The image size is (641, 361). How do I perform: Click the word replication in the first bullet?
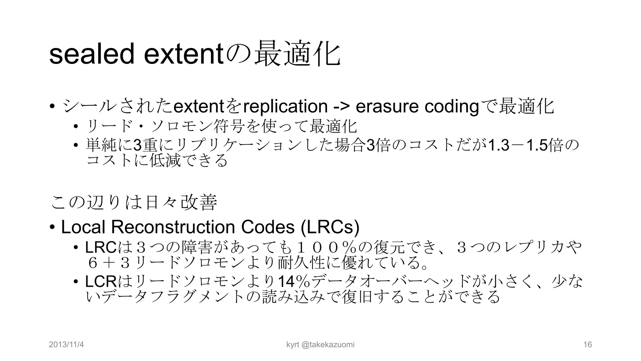tap(285, 106)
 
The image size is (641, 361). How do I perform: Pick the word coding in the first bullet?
tap(452, 106)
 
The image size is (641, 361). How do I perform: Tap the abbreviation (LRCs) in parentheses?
tap(330, 227)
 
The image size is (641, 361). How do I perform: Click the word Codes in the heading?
tap(268, 227)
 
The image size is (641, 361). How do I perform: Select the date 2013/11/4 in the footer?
tap(66, 345)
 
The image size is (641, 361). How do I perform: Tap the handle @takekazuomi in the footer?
tap(328, 345)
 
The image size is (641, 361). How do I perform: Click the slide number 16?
tap(588, 345)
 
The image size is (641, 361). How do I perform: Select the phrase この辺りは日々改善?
tap(134, 202)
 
